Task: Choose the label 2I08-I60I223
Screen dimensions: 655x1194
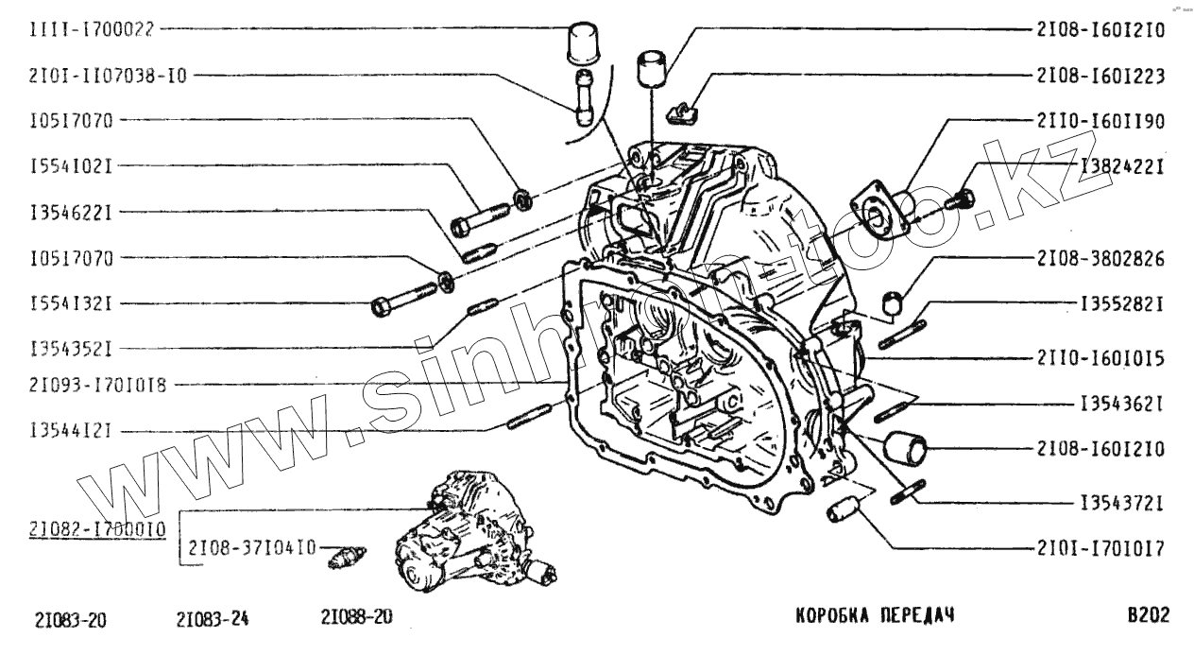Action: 1100,76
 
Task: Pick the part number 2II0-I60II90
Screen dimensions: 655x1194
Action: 1100,121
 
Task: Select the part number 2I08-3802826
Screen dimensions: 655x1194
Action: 1100,257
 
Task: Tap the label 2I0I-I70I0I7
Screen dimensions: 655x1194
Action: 1100,547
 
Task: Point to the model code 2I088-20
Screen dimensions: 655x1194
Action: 356,616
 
